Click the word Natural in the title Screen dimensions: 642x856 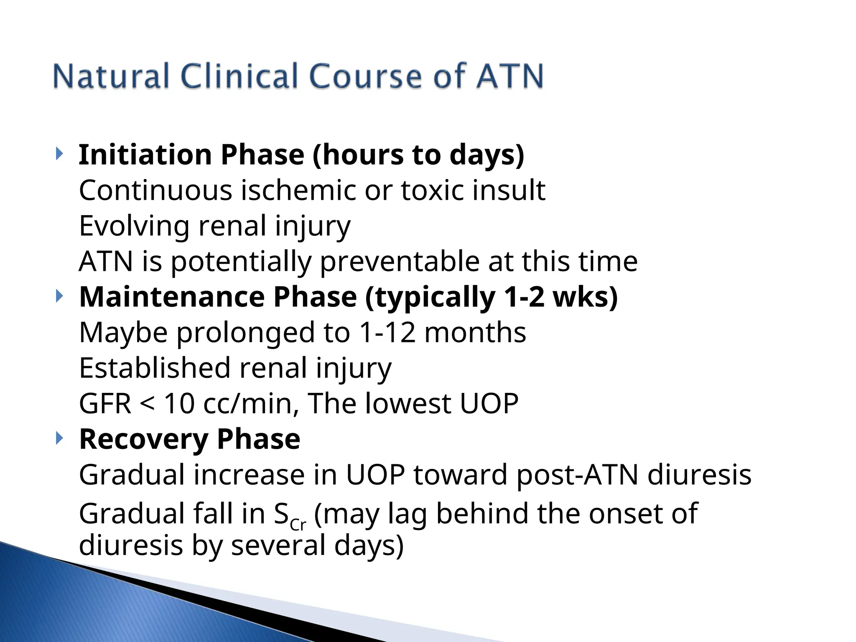coord(111,76)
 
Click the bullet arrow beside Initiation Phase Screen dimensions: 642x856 coord(59,154)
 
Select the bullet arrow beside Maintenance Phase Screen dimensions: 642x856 coord(59,296)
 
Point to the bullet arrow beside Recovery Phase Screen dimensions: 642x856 coord(59,438)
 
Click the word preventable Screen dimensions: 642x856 coord(400,262)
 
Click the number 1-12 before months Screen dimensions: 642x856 coord(387,333)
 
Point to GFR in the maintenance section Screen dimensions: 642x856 coord(105,404)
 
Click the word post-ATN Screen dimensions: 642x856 coord(577,475)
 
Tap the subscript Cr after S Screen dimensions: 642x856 coord(298,524)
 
